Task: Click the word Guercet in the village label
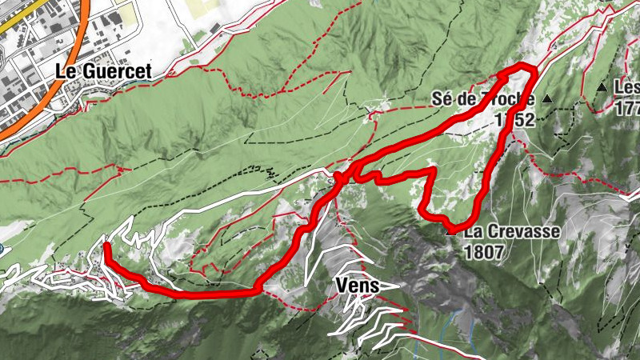tap(115, 70)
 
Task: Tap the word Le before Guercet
tap(66, 70)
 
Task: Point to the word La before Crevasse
tap(473, 233)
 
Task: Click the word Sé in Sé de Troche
tap(441, 99)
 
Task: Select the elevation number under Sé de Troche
tap(514, 120)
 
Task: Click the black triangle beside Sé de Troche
tap(547, 98)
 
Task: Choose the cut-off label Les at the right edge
tap(626, 86)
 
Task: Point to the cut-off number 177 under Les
tap(628, 106)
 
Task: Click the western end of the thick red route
tap(106, 246)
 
